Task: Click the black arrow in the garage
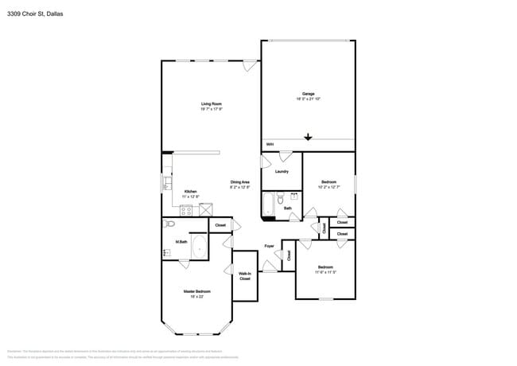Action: pyautogui.click(x=308, y=137)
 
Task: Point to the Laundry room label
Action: pyautogui.click(x=282, y=171)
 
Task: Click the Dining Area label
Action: pyautogui.click(x=240, y=184)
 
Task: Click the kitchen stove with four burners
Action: pyautogui.click(x=186, y=210)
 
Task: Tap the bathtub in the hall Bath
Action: pyautogui.click(x=268, y=204)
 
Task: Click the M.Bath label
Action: pyautogui.click(x=181, y=241)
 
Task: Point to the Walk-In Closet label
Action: pyautogui.click(x=245, y=276)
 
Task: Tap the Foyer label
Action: pyautogui.click(x=269, y=246)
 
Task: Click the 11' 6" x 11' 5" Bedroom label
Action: pyautogui.click(x=325, y=269)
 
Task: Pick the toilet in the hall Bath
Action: pyautogui.click(x=281, y=200)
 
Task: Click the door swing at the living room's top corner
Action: pyautogui.click(x=251, y=66)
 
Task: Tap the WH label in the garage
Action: pyautogui.click(x=270, y=144)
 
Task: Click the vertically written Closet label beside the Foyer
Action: pyautogui.click(x=289, y=255)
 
